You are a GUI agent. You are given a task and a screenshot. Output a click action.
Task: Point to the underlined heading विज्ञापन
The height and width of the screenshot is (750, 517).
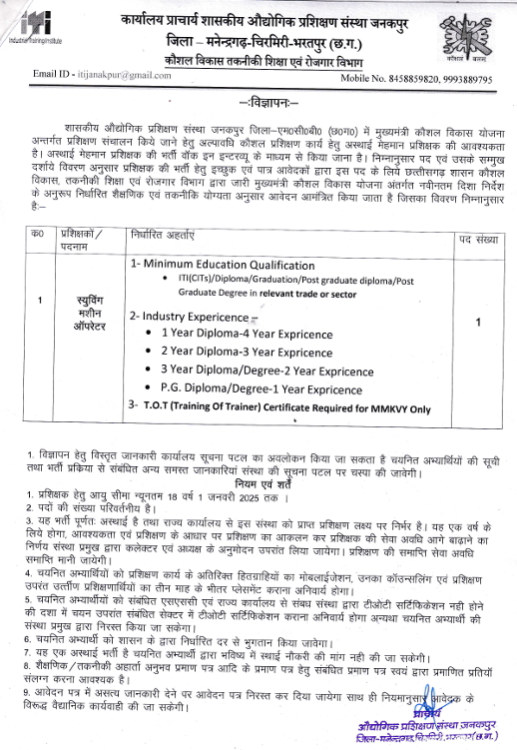click(259, 104)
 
